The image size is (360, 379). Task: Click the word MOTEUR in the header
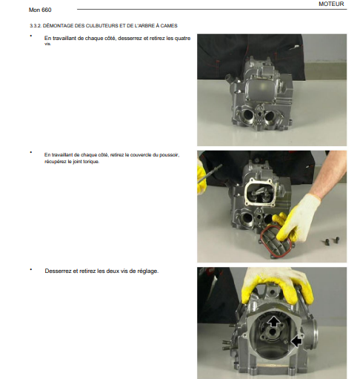pos(331,4)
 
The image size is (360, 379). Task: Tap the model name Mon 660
pos(40,10)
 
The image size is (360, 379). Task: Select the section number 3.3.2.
pos(36,26)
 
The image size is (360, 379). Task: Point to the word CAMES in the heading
pos(169,26)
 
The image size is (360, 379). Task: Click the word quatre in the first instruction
pos(182,39)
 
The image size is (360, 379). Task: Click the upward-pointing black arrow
pos(274,322)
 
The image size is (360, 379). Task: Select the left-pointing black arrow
pos(296,341)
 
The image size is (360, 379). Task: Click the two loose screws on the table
pos(332,240)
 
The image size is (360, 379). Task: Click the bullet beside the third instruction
pos(31,269)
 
